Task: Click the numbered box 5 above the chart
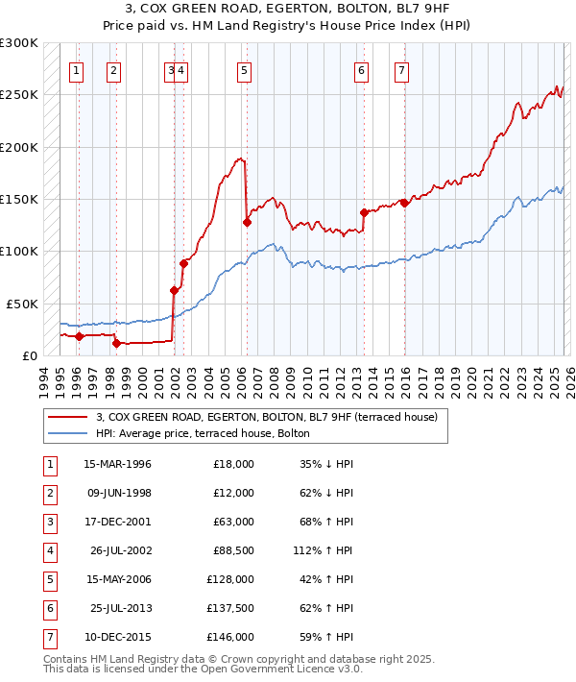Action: pos(245,69)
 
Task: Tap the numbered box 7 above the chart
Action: pos(400,69)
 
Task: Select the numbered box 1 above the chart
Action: pos(76,69)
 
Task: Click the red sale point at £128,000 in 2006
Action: pos(247,222)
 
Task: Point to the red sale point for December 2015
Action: pos(405,203)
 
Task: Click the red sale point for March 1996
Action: pos(79,336)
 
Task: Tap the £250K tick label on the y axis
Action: pos(19,95)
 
